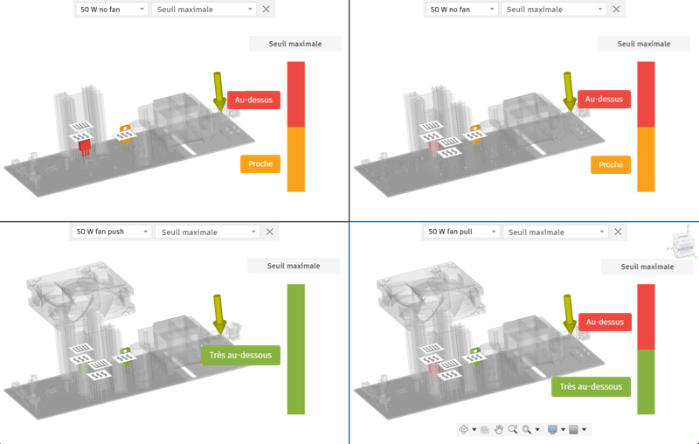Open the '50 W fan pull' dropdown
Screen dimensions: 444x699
(x=461, y=232)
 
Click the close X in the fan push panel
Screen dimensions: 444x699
(x=269, y=232)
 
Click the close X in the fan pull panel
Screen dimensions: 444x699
(x=619, y=232)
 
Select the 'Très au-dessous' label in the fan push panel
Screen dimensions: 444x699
(x=241, y=355)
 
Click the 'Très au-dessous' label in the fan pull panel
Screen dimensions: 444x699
(x=592, y=386)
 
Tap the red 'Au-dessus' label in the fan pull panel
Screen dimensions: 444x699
(x=605, y=322)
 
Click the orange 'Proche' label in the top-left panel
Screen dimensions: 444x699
(x=260, y=163)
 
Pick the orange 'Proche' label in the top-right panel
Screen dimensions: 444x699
(x=611, y=164)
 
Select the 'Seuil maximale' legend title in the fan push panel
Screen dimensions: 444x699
(x=294, y=266)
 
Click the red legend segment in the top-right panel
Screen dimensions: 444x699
(x=646, y=94)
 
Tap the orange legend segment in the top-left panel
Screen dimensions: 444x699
(x=295, y=159)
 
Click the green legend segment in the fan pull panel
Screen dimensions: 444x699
(x=646, y=381)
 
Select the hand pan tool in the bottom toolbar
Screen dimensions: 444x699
(x=499, y=429)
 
